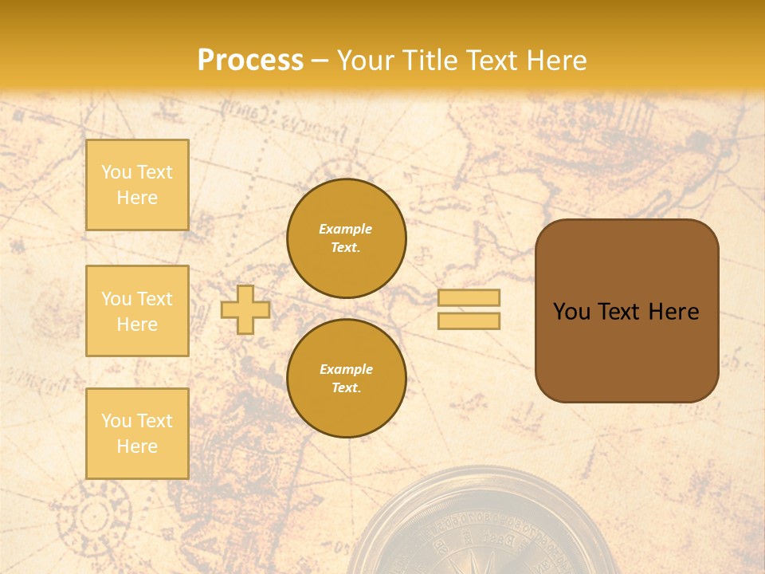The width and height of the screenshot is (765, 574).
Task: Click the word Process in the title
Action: pyautogui.click(x=250, y=61)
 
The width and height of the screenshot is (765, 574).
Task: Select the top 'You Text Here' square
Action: pyautogui.click(x=137, y=185)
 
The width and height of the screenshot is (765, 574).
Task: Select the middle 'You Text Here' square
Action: pyautogui.click(x=137, y=311)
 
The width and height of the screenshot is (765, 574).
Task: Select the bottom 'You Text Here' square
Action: pyautogui.click(x=137, y=434)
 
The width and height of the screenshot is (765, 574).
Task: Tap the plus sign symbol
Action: pyautogui.click(x=245, y=309)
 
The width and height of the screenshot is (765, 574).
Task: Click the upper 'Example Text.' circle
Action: pyautogui.click(x=346, y=238)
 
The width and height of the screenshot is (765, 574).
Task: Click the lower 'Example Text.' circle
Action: pyautogui.click(x=346, y=379)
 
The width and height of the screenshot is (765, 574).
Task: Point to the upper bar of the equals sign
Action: pyautogui.click(x=469, y=297)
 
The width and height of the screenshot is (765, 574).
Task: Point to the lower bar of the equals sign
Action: pyautogui.click(x=469, y=321)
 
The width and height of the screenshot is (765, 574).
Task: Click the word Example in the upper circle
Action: pyautogui.click(x=346, y=230)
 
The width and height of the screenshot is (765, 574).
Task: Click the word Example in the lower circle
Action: pyautogui.click(x=346, y=370)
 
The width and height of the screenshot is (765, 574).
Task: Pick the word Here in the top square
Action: pyautogui.click(x=137, y=198)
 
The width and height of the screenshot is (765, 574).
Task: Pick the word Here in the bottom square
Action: pyautogui.click(x=137, y=446)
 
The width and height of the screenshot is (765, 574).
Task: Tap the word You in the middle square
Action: pyautogui.click(x=116, y=299)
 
